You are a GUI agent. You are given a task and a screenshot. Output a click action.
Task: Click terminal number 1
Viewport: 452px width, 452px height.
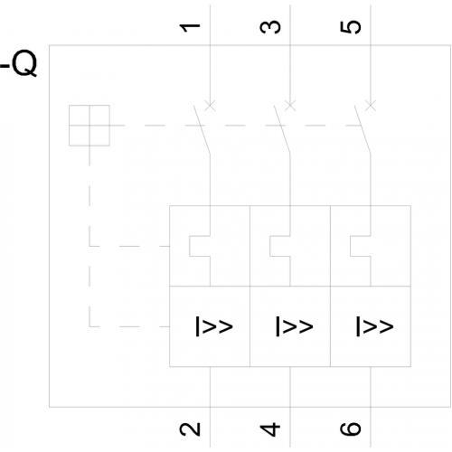point(190,27)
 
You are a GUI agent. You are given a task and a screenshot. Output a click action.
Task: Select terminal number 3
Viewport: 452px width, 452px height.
point(270,27)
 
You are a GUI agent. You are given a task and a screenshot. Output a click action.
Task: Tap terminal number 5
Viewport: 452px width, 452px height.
point(351,27)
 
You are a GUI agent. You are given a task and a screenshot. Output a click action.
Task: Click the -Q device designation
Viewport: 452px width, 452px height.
point(19,64)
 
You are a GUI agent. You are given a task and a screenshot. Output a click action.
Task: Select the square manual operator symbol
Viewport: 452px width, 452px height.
point(89,126)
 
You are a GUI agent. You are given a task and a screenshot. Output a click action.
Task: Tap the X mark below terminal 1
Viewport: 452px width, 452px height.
point(210,106)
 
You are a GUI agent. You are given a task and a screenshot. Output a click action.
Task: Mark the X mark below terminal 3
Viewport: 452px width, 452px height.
point(290,106)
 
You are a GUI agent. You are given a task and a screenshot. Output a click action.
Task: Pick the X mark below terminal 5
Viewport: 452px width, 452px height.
point(371,106)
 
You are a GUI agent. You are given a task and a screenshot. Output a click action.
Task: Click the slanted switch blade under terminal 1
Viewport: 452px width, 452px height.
point(202,129)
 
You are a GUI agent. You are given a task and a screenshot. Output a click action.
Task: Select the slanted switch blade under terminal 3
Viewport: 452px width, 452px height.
point(282,129)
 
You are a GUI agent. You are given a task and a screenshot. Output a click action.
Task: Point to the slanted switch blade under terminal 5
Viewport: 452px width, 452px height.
point(363,129)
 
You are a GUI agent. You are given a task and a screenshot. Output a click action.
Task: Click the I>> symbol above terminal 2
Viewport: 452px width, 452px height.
point(214,326)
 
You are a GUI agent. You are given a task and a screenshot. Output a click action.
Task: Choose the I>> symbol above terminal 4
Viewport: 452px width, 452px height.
point(295,326)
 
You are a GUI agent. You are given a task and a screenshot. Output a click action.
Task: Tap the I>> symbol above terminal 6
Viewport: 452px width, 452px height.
point(374,326)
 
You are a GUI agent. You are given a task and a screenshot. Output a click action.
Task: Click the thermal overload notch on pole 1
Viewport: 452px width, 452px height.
point(190,246)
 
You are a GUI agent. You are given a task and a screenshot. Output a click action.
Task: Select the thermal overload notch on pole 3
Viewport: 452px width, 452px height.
point(270,246)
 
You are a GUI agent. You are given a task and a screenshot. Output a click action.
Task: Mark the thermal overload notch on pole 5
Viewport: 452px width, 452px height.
point(350,246)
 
